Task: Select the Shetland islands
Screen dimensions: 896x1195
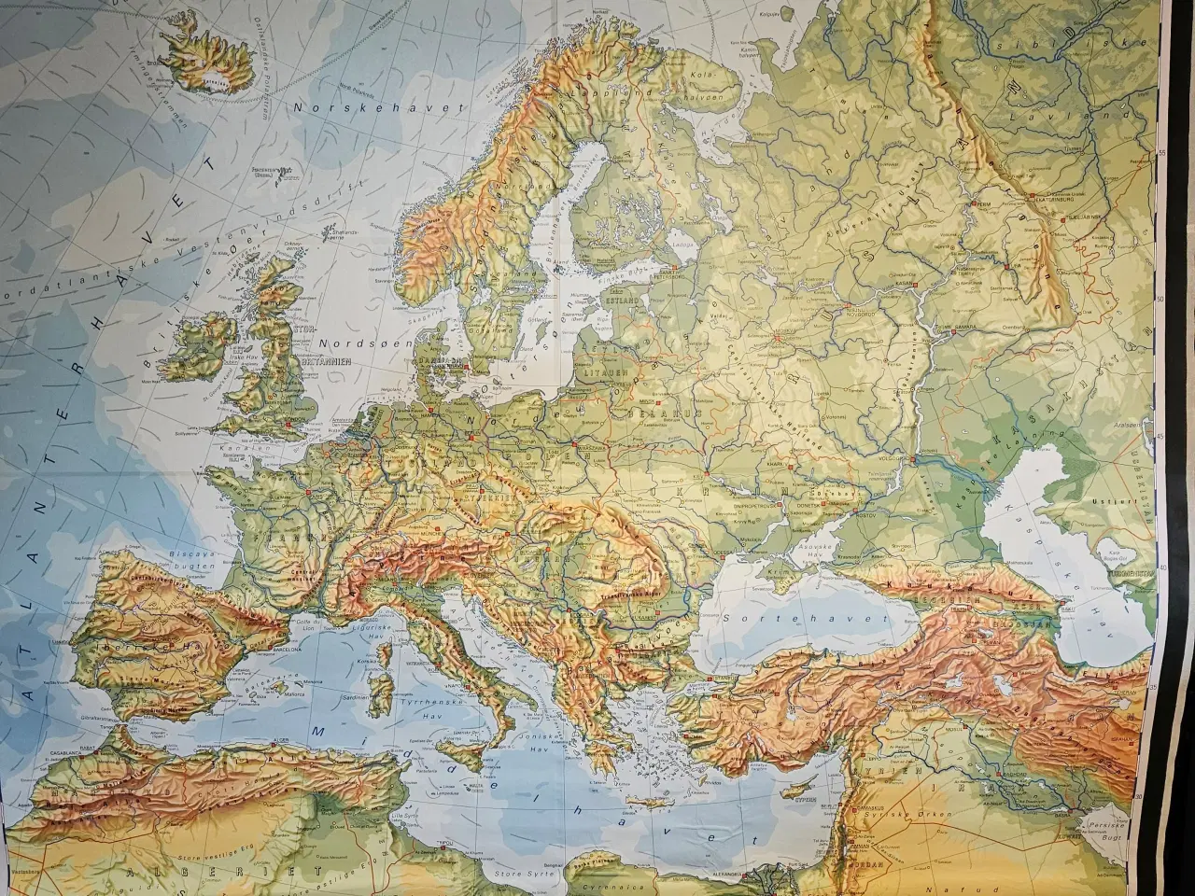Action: coord(339,233)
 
